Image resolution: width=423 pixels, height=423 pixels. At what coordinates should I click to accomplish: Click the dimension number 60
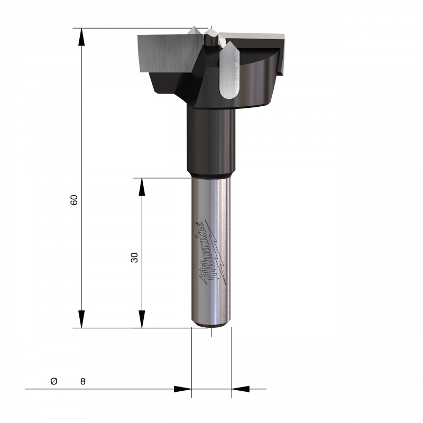coord(74,200)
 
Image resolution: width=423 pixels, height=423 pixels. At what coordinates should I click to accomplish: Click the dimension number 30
coord(134,258)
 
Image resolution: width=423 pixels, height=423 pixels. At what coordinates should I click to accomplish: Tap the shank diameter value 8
coord(83,381)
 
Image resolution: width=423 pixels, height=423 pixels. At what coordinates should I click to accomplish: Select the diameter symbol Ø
coord(54,381)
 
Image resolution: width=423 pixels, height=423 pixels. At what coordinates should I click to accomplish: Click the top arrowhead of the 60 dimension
coord(81,37)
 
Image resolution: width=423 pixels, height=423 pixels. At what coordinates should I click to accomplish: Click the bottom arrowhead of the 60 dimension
coord(81,319)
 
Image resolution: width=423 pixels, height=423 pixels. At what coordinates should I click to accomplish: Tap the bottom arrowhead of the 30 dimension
coord(142,319)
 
